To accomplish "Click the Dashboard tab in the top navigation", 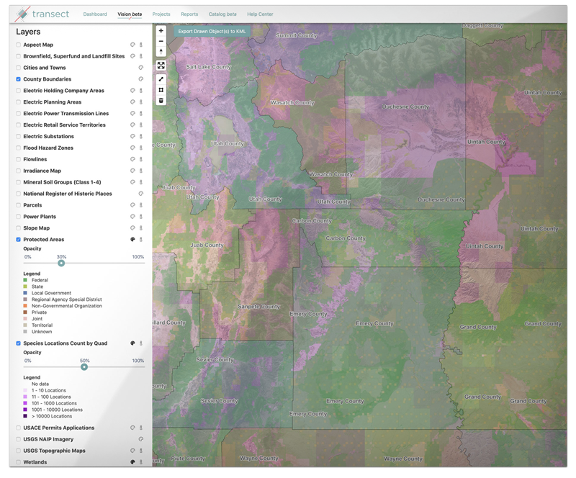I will point(95,14).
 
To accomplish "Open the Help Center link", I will point(260,14).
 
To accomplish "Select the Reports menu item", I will point(189,14).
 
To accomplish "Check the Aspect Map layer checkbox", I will point(18,45).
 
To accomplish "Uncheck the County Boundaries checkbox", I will point(18,79).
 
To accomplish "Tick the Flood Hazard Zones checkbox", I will point(18,148).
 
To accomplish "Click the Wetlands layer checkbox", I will point(18,462).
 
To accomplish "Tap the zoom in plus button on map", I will point(161,31).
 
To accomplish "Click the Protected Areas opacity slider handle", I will point(61,263).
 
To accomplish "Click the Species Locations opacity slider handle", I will point(84,367).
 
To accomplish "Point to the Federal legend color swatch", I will point(25,280).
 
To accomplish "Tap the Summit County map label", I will point(296,35).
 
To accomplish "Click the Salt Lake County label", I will point(208,67).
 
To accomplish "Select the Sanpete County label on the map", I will point(258,307).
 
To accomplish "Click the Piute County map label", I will point(188,459).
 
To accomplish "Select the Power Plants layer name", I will point(40,217).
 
